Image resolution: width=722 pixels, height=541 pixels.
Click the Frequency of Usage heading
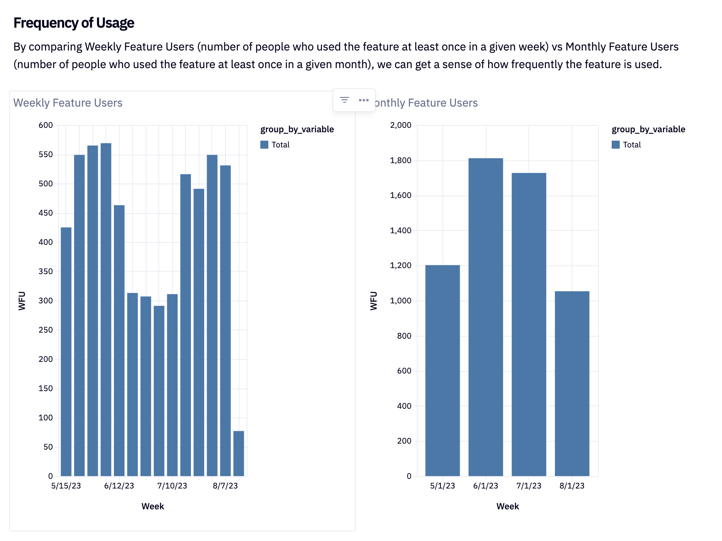point(74,23)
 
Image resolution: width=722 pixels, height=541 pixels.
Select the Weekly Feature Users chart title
point(68,103)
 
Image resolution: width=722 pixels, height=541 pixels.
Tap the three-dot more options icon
point(363,100)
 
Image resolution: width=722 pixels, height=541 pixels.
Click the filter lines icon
point(344,100)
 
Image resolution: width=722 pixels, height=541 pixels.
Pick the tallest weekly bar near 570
point(106,309)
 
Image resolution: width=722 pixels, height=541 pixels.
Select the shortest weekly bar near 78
point(239,453)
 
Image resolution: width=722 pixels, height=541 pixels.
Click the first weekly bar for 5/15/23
point(66,351)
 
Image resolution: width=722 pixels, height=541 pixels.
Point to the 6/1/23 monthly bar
point(485,317)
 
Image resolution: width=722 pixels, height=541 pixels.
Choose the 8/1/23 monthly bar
point(572,383)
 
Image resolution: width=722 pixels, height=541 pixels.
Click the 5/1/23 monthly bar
point(442,370)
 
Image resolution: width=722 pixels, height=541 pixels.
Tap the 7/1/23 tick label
point(529,486)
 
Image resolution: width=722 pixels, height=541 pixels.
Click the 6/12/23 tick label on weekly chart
point(119,486)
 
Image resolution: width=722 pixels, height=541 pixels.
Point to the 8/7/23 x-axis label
point(225,486)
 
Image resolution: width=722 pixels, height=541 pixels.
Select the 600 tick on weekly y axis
point(46,125)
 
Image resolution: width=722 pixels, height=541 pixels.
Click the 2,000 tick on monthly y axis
point(401,125)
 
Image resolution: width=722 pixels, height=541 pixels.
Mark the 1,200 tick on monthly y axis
point(401,265)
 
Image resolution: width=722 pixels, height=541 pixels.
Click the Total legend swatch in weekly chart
point(264,145)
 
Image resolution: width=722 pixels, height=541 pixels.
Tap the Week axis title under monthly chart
point(507,506)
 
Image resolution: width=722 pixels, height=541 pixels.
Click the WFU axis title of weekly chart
point(22,301)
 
